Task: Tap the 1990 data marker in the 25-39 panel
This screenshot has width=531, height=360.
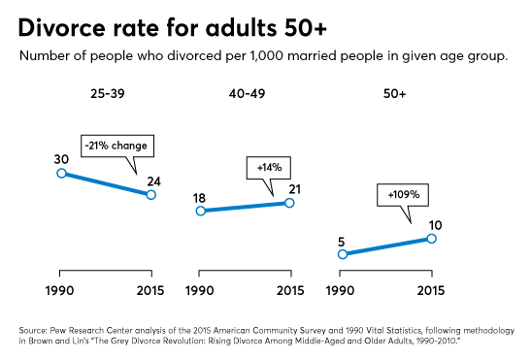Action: pyautogui.click(x=61, y=173)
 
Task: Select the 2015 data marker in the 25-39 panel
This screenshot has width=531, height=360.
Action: pyautogui.click(x=151, y=194)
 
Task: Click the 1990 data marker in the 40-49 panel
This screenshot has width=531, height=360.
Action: pyautogui.click(x=200, y=211)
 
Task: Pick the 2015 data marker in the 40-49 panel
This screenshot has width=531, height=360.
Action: pyautogui.click(x=289, y=202)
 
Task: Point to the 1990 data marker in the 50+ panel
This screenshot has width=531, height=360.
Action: pyautogui.click(x=342, y=254)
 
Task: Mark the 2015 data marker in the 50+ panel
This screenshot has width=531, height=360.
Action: pyautogui.click(x=432, y=238)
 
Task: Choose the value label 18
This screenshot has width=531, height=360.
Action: pyautogui.click(x=200, y=194)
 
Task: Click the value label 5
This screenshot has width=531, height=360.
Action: pyautogui.click(x=342, y=238)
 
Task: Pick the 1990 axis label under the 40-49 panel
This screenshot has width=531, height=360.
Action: pyautogui.click(x=200, y=290)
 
